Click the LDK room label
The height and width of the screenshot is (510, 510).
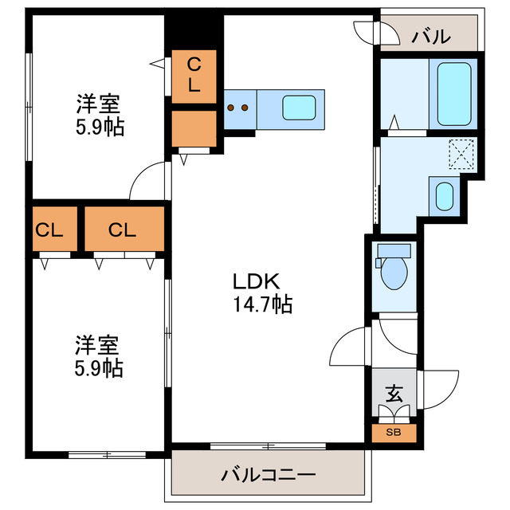coord(254,281)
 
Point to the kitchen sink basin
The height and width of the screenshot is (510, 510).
coord(300,107)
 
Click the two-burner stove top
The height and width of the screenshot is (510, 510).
coord(237,107)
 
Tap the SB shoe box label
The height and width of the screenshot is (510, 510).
coord(393,433)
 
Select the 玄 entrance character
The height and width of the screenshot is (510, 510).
coord(393,394)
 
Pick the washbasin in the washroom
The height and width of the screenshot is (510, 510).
coord(444,196)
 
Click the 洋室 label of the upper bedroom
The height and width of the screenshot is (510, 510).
coord(98,104)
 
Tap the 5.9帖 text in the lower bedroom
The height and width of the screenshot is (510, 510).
coord(100,368)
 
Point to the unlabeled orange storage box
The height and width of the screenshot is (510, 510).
coord(194,127)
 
